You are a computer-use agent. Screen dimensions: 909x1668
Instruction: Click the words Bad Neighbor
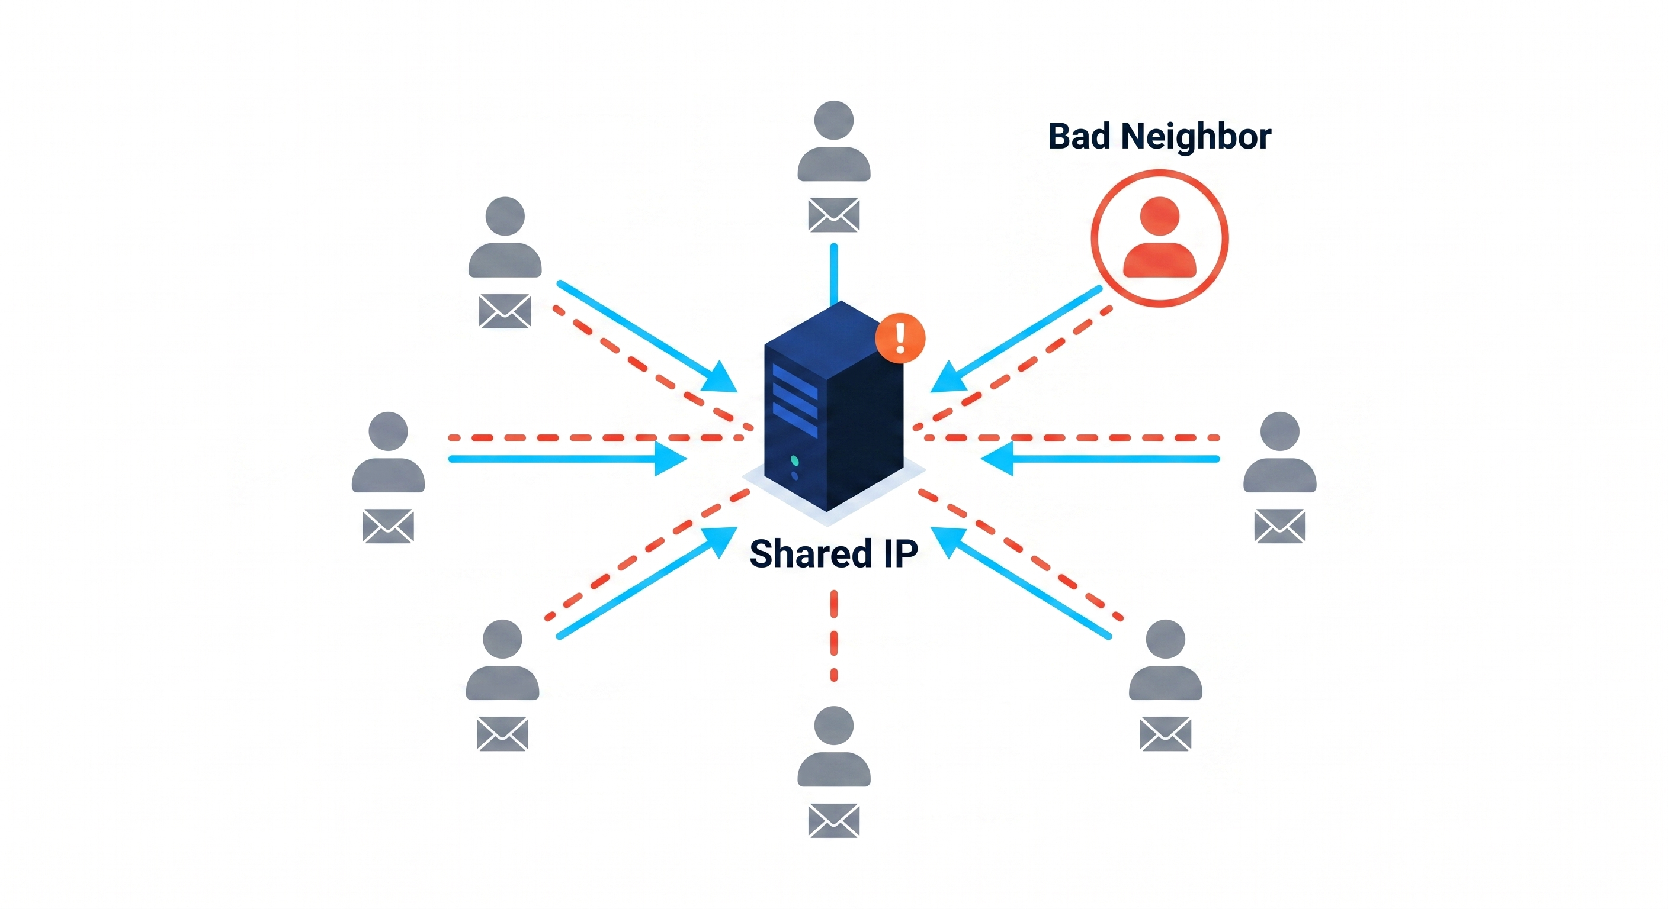[1159, 137]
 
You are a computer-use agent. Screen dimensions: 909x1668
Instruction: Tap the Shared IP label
[833, 554]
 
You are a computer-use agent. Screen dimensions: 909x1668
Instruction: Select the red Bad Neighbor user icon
[1159, 237]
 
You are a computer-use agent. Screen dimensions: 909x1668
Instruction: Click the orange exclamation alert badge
[899, 338]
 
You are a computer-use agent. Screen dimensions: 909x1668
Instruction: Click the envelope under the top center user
[833, 215]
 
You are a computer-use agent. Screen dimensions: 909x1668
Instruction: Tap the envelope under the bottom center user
[833, 820]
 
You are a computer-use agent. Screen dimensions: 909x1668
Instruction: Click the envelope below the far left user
[388, 526]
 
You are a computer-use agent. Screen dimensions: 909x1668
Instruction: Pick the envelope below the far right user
[1279, 526]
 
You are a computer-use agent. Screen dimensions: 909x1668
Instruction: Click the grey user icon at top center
[833, 141]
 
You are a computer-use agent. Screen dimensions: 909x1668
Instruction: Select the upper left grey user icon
[505, 237]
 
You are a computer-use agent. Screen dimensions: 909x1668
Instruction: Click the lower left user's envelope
[502, 733]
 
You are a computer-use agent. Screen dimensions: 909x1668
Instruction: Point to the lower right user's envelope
[1165, 733]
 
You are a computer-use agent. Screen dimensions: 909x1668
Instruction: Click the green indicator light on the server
[794, 460]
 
